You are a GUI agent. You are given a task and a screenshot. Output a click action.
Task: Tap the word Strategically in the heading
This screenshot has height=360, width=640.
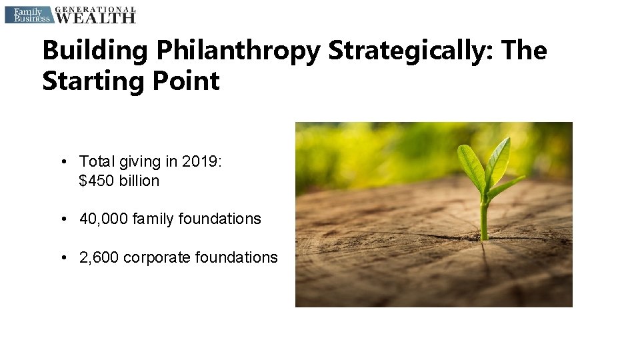(x=410, y=51)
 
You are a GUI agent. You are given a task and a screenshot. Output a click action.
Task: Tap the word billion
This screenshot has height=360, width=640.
(x=139, y=181)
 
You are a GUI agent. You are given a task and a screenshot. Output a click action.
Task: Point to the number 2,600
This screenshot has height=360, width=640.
(x=99, y=257)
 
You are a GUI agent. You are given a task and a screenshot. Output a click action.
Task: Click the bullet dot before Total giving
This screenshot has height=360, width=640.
(x=62, y=162)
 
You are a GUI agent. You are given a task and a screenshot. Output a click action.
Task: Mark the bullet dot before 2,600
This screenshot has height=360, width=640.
(x=62, y=257)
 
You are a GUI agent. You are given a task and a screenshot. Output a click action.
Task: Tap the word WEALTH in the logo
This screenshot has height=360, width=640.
(x=95, y=18)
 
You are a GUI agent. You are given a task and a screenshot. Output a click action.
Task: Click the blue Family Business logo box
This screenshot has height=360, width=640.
(x=27, y=15)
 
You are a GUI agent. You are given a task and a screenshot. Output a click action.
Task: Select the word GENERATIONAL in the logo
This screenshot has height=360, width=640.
(x=95, y=9)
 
